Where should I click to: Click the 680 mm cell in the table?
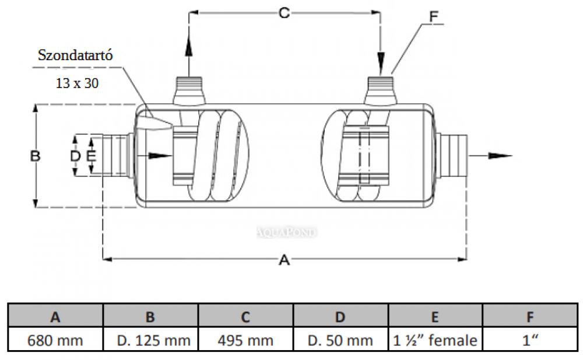pyautogui.click(x=55, y=340)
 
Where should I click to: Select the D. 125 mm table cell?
pyautogui.click(x=150, y=340)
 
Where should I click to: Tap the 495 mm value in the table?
pyautogui.click(x=245, y=340)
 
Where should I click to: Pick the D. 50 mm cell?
pyautogui.click(x=340, y=340)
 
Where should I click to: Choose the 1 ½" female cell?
pyautogui.click(x=434, y=340)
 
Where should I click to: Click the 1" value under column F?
pyautogui.click(x=529, y=340)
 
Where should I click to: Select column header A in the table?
pyautogui.click(x=55, y=317)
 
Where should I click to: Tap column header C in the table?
pyautogui.click(x=245, y=317)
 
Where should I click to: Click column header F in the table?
pyautogui.click(x=529, y=317)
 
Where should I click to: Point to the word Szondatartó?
pyautogui.click(x=75, y=56)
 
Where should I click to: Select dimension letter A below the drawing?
pyautogui.click(x=284, y=261)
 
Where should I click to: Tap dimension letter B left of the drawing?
pyautogui.click(x=35, y=156)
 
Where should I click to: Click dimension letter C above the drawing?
pyautogui.click(x=283, y=13)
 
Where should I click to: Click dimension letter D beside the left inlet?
pyautogui.click(x=75, y=156)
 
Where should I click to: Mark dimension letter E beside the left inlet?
pyautogui.click(x=90, y=156)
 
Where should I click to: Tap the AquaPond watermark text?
pyautogui.click(x=287, y=232)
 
